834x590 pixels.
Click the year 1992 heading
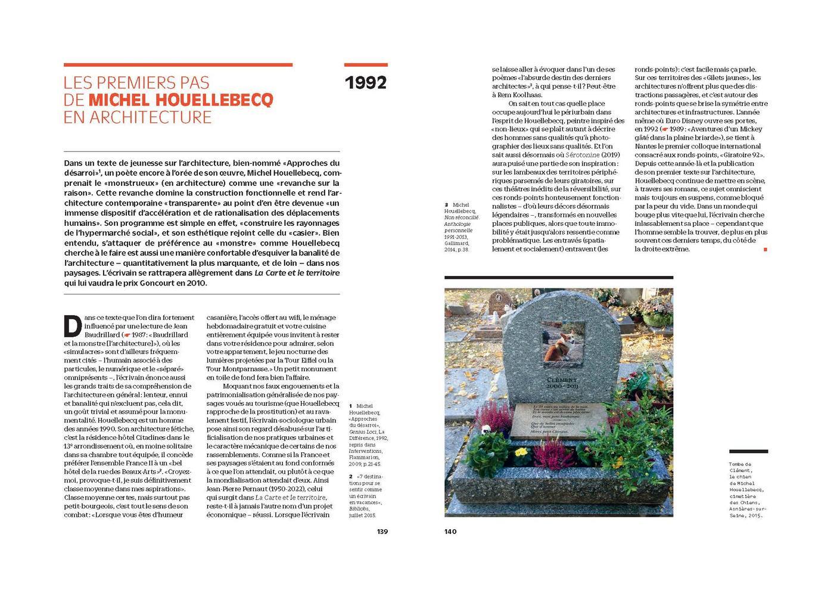[366, 83]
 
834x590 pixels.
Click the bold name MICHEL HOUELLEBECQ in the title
[181, 100]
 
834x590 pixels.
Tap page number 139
[382, 532]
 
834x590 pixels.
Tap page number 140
[450, 532]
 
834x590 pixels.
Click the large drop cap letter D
[73, 325]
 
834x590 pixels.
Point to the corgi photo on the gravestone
[563, 341]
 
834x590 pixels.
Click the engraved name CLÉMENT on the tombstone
[562, 380]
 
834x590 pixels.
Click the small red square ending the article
[765, 249]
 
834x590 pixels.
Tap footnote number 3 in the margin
[446, 205]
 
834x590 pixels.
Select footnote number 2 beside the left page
[351, 477]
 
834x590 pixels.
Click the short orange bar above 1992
[366, 65]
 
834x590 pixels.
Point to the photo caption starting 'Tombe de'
[747, 489]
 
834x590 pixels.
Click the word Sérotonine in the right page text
[570, 154]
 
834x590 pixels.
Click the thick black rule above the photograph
[558, 278]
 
